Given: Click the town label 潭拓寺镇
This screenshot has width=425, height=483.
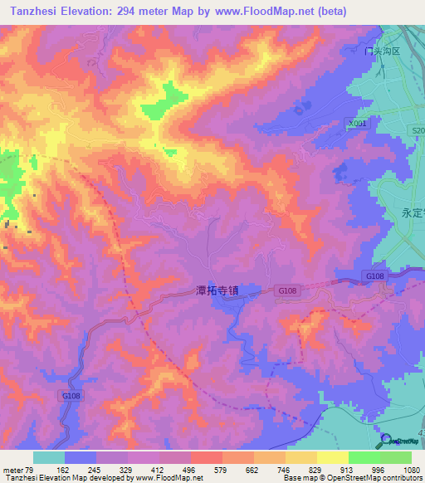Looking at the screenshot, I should tap(217, 291).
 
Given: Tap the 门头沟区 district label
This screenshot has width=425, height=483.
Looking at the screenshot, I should tap(383, 51).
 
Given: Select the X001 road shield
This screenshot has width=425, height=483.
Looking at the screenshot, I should tap(357, 123).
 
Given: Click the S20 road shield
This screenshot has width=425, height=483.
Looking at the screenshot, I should tap(418, 131).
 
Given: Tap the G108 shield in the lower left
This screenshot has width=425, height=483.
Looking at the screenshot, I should tap(71, 398).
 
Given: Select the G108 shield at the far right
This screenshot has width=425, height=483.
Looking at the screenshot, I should tap(374, 276).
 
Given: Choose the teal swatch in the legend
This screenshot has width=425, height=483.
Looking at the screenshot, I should tap(49, 457).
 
